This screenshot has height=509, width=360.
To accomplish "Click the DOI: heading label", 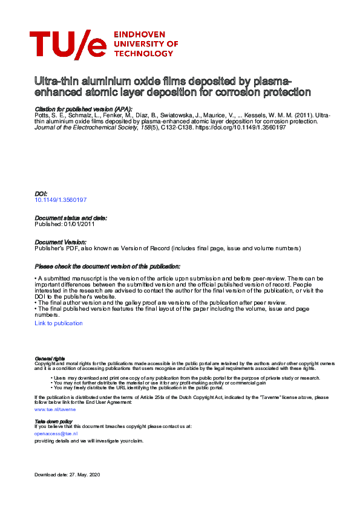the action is [41, 193].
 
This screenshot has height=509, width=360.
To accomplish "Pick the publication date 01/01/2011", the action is [80, 224].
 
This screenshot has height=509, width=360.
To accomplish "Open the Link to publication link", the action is [59, 323].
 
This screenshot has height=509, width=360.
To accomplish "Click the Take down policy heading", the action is [53, 421].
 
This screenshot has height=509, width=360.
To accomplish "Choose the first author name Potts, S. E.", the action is [49, 115].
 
